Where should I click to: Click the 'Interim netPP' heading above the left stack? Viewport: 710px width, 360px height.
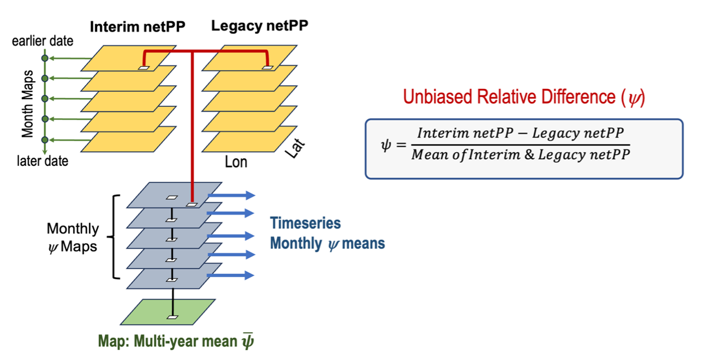(x=138, y=26)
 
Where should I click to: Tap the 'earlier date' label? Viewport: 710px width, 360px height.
(x=43, y=41)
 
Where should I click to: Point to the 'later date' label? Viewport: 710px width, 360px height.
(x=43, y=161)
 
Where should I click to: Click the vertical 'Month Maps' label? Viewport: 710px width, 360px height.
(x=28, y=103)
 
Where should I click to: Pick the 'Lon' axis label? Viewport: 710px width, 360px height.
(x=236, y=161)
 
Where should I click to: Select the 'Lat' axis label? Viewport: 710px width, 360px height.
(x=295, y=149)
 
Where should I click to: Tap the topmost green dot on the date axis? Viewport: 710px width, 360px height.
(x=45, y=58)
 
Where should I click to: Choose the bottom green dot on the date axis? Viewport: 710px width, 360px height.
(x=45, y=140)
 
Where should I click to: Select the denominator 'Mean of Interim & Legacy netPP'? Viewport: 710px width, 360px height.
(x=521, y=154)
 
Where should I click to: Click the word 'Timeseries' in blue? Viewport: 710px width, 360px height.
(x=306, y=223)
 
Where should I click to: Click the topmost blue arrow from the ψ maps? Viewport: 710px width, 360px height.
(x=231, y=195)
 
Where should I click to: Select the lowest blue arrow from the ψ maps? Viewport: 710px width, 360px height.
(x=231, y=275)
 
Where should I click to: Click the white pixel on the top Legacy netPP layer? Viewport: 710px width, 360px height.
(x=267, y=68)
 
